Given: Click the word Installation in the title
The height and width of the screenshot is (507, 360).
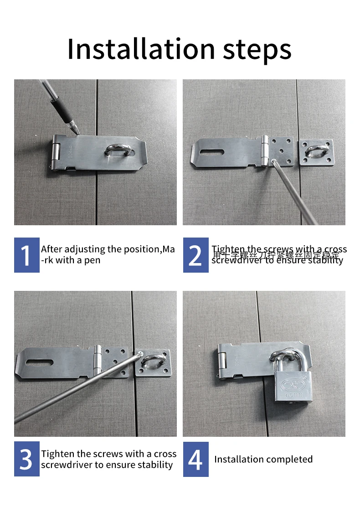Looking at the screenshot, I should pyautogui.click(x=141, y=49).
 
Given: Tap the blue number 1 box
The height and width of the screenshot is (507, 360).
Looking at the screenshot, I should pyautogui.click(x=26, y=255).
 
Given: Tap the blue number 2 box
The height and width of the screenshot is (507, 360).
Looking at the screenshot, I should pyautogui.click(x=195, y=255).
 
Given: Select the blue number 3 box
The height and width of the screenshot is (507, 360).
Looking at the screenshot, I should pyautogui.click(x=26, y=459).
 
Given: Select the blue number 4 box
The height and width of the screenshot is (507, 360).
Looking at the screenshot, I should pyautogui.click(x=195, y=459).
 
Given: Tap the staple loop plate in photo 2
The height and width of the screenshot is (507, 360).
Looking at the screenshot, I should pyautogui.click(x=316, y=152).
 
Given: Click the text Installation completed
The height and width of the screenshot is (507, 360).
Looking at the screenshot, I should pyautogui.click(x=263, y=459).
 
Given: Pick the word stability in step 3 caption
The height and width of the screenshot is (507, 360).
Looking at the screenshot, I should pyautogui.click(x=155, y=465).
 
